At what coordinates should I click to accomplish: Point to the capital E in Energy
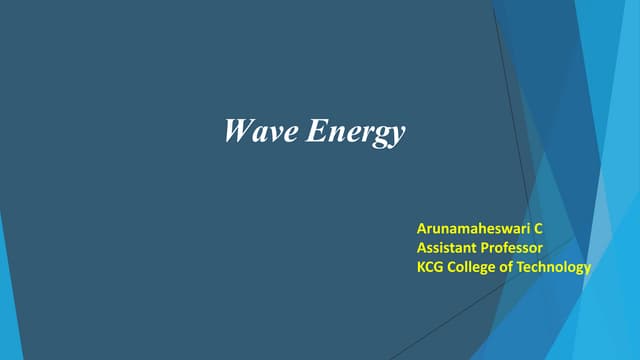[x=314, y=131]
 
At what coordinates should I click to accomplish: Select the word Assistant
[x=447, y=248]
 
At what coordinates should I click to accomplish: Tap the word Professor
[x=512, y=248]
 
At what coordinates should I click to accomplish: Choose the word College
[x=474, y=267]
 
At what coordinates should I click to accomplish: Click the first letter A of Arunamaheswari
[x=421, y=229]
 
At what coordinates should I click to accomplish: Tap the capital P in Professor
[x=485, y=248]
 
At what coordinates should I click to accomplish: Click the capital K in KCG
[x=421, y=267]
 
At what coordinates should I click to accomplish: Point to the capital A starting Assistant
[x=421, y=248]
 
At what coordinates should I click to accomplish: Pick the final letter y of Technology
[x=588, y=269]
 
